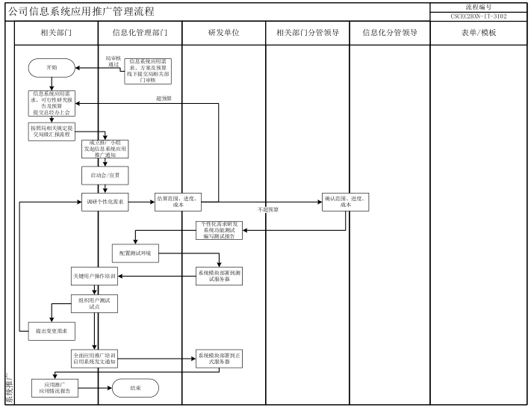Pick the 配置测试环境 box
click(135, 253)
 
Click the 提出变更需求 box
click(46, 330)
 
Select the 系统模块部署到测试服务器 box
click(218, 276)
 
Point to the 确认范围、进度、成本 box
click(346, 202)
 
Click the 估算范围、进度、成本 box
click(178, 202)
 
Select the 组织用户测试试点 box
click(94, 303)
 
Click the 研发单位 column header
click(223, 33)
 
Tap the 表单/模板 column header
click(479, 33)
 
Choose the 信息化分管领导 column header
click(389, 33)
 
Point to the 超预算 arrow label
click(164, 98)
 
